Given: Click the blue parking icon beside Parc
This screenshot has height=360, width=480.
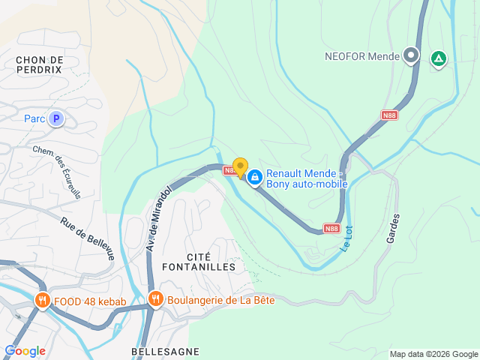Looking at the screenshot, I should click(55, 118).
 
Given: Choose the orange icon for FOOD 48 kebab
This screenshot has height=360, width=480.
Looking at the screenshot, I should click(42, 302).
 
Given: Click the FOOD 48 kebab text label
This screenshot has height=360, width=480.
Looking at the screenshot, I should click(90, 302).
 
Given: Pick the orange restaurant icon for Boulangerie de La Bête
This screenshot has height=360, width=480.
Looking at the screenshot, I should click(156, 299).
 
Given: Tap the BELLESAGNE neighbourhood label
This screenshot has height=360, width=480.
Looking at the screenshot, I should click(165, 351).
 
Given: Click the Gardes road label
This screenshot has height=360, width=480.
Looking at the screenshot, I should click(393, 227).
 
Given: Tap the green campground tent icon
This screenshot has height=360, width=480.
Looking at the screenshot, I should click(438, 58).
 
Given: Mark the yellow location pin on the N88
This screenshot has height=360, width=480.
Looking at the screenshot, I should click(240, 167).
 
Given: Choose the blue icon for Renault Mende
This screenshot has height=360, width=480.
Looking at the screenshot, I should click(255, 177).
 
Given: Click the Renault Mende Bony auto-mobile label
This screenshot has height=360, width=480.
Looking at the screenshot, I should click(306, 178).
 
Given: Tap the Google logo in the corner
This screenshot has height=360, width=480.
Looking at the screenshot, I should click(25, 351).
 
